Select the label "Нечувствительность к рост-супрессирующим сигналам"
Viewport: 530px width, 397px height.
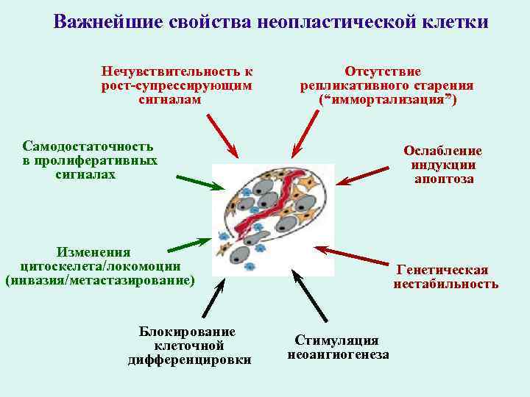point(177,85)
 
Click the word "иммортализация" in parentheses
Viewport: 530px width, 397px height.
point(387,99)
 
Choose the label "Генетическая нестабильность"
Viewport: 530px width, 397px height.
point(445,276)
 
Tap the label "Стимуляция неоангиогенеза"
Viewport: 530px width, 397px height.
point(338,347)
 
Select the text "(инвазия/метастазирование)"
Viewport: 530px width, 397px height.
point(100,280)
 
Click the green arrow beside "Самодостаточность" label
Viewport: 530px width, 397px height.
point(199,182)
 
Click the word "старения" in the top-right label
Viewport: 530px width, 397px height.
point(442,85)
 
